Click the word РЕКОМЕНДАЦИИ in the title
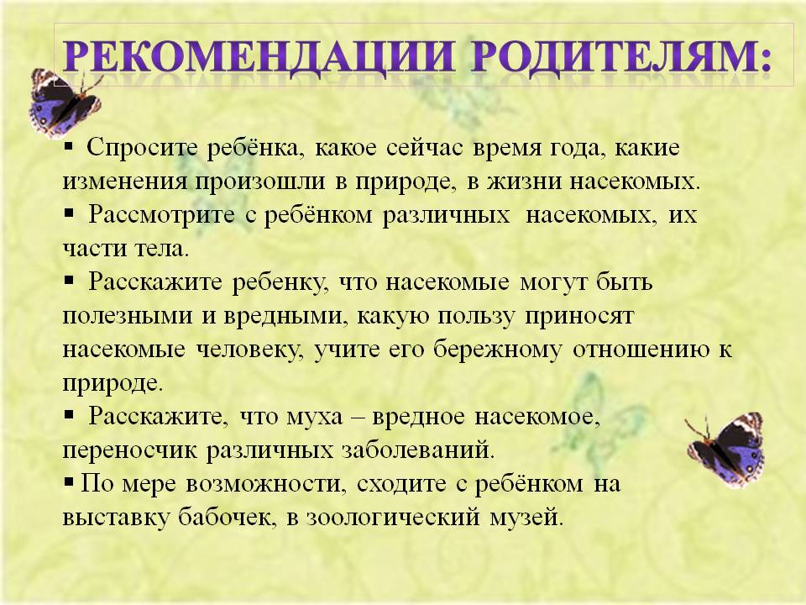(x=259, y=56)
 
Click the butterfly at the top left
(x=64, y=103)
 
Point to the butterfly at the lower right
(x=725, y=449)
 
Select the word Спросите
(x=142, y=148)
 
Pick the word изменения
(x=125, y=182)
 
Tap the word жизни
(x=524, y=182)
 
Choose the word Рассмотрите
(x=161, y=215)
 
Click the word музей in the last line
(x=527, y=517)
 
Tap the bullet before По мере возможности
(x=69, y=482)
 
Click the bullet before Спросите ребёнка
(x=69, y=146)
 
